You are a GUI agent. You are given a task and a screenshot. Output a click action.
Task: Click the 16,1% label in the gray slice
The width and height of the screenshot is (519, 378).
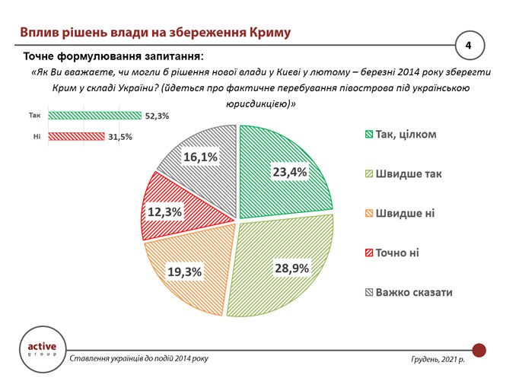point(200,157)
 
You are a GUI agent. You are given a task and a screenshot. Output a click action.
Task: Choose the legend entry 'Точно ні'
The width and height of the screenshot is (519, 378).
point(396,253)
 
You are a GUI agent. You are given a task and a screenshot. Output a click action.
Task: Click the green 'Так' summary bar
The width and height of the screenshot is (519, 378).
point(95,116)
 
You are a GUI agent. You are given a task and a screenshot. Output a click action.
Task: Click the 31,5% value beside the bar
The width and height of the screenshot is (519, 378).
point(120,137)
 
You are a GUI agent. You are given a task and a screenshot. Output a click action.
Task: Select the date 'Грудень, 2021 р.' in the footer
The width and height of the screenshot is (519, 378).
point(435,357)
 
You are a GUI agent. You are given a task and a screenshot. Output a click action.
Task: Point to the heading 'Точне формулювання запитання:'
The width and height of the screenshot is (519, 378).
point(113,56)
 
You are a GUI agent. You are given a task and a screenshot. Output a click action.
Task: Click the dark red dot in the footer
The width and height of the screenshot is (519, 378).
point(479,350)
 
